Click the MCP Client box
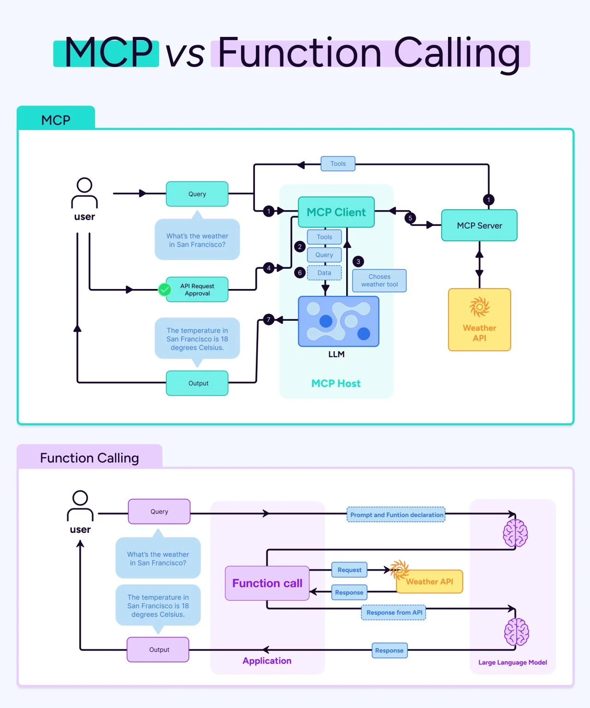pyautogui.click(x=336, y=212)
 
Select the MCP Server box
pyautogui.click(x=479, y=225)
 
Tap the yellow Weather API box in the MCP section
pyautogui.click(x=479, y=320)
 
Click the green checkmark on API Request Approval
pyautogui.click(x=165, y=289)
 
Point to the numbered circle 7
pyautogui.click(x=269, y=319)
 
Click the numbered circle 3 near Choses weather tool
pyautogui.click(x=358, y=261)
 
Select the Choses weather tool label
pyautogui.click(x=379, y=281)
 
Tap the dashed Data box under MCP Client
pyautogui.click(x=324, y=273)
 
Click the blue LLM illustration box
pyautogui.click(x=338, y=321)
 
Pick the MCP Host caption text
pyautogui.click(x=336, y=383)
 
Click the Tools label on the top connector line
pyautogui.click(x=338, y=164)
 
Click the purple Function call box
pyautogui.click(x=267, y=583)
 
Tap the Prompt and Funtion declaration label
pyautogui.click(x=396, y=515)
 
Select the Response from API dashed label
pyautogui.click(x=394, y=613)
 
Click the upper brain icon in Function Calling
pyautogui.click(x=515, y=533)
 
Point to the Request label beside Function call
pyautogui.click(x=349, y=570)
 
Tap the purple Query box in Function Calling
pyautogui.click(x=159, y=512)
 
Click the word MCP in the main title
pyautogui.click(x=108, y=52)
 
